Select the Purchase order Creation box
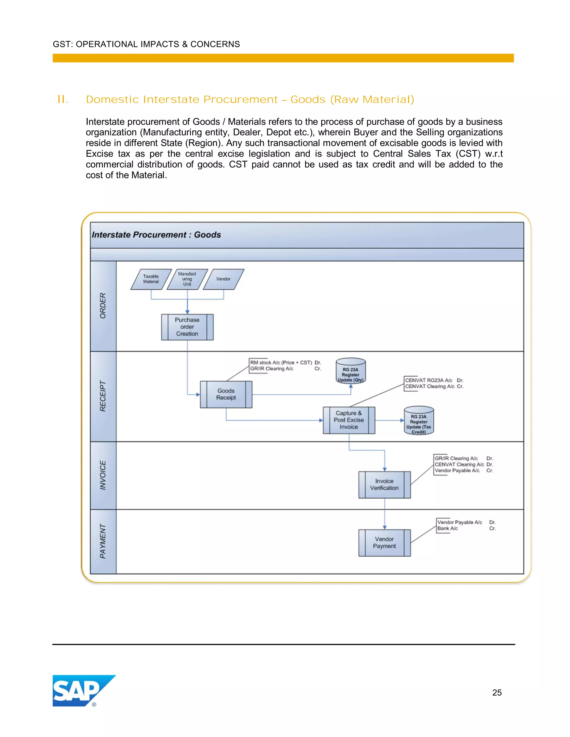(187, 327)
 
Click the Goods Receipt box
(226, 394)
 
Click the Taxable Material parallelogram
(151, 279)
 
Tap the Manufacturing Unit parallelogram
(187, 279)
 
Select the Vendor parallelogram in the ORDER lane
(223, 279)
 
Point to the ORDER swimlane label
(103, 305)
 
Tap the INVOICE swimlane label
(103, 475)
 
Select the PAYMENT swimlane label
(103, 541)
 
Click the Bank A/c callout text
(448, 528)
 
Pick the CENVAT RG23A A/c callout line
(429, 380)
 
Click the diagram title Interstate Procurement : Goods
(156, 235)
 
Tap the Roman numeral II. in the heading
(63, 100)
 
